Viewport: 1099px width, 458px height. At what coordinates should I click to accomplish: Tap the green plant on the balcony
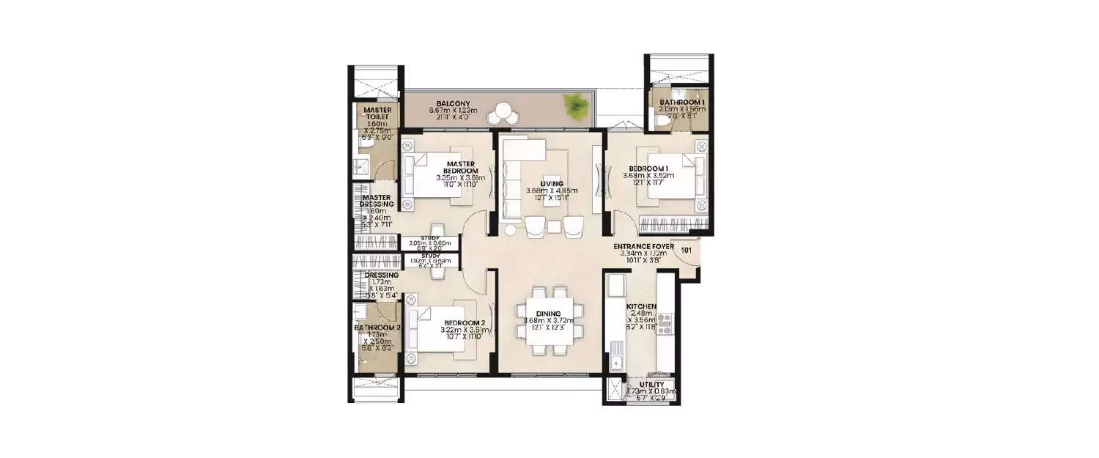[x=575, y=104]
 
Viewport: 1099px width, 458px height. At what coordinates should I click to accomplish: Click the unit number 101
[x=687, y=250]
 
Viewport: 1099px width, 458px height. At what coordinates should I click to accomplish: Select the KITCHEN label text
[x=641, y=307]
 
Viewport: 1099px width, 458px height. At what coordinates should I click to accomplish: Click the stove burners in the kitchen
[x=665, y=325]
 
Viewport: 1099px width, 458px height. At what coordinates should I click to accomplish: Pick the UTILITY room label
[x=651, y=384]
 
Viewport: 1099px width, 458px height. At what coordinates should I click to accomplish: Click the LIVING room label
[x=550, y=183]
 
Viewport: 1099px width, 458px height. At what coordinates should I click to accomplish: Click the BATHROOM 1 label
[x=681, y=103]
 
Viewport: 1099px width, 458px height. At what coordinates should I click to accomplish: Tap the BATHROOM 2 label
[x=377, y=328]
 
